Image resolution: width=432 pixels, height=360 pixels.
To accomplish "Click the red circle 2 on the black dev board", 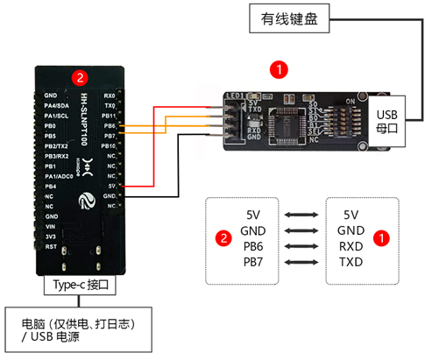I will [x=80, y=77].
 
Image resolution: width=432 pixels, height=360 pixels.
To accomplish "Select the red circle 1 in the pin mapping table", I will [x=382, y=237].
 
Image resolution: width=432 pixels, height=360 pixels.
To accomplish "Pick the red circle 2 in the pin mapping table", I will [x=224, y=237].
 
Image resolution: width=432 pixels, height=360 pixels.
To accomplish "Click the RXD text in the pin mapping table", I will [x=351, y=245].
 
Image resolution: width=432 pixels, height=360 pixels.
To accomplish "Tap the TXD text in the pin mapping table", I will [x=351, y=262].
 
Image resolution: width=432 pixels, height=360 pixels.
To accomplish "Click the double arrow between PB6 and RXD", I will [x=301, y=246].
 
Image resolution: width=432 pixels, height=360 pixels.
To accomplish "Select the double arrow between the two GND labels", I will [x=301, y=230].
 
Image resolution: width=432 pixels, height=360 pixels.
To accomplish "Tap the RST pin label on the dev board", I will [x=51, y=246].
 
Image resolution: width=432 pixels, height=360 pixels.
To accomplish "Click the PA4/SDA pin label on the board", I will [x=57, y=105].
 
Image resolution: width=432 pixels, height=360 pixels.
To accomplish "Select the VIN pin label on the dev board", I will [x=51, y=225].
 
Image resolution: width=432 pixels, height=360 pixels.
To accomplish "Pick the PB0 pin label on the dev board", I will [x=51, y=126].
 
